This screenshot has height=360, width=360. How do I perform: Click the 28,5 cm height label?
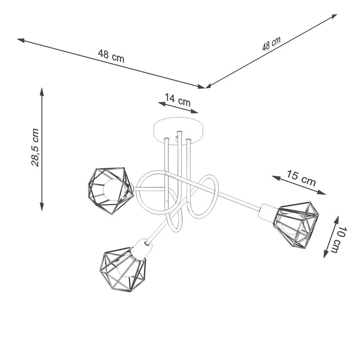coord(34,148)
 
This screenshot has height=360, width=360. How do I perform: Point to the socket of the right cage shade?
coord(268,211)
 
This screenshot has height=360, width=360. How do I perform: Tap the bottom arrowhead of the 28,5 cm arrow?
coord(42,207)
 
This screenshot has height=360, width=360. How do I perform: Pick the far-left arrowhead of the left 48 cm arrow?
coord(20,39)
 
